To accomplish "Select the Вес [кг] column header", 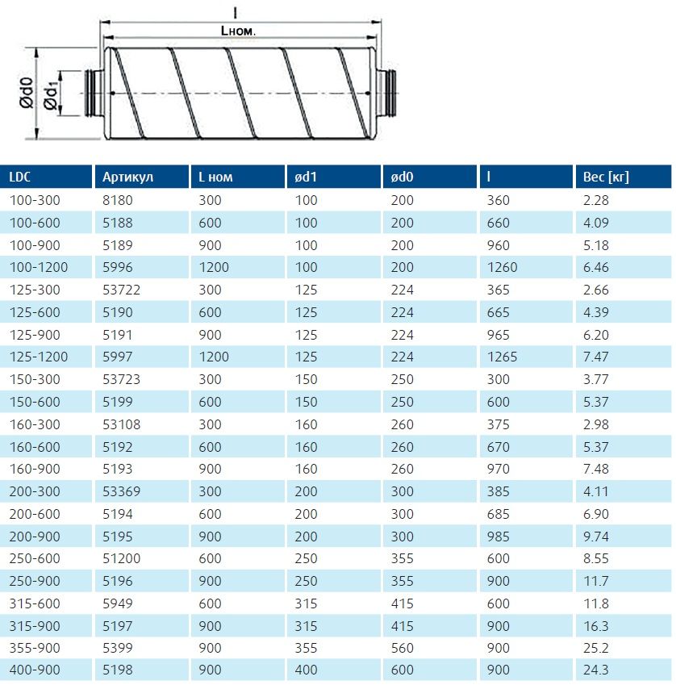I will [x=605, y=177].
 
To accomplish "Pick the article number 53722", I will [x=121, y=290].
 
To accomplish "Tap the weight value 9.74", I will [x=595, y=535].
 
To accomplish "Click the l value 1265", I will [x=503, y=357].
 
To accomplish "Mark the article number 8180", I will [x=117, y=200].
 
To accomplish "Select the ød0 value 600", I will [x=402, y=669].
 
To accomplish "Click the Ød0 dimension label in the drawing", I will [x=26, y=93].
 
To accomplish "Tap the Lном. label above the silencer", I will [x=243, y=30].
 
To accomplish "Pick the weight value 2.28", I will [x=595, y=200].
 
